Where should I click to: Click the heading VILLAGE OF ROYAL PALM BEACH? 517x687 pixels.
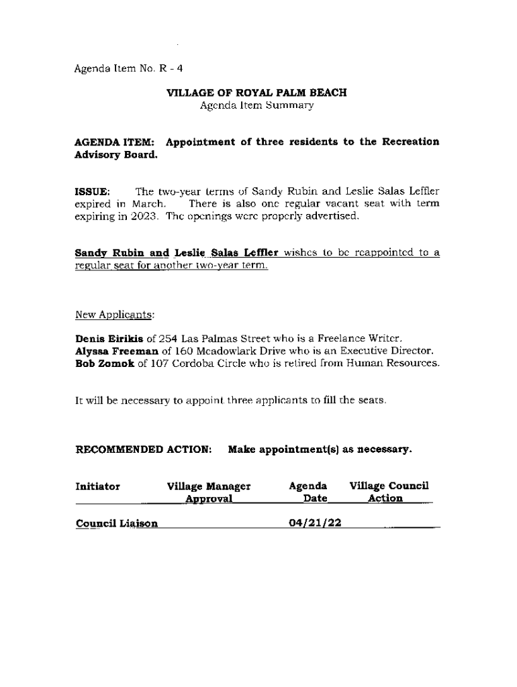256,93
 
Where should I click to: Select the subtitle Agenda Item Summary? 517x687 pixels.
256,106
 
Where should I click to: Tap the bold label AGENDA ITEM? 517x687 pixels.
115,142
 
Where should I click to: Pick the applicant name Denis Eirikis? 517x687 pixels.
109,338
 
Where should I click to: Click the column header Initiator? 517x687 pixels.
98,486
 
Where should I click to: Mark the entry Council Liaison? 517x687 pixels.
117,523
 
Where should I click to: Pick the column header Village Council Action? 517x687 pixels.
389,492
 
